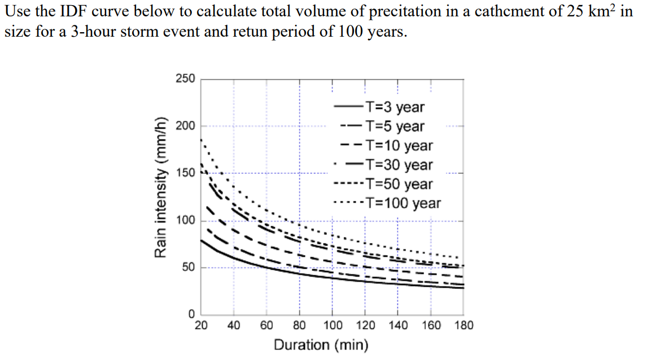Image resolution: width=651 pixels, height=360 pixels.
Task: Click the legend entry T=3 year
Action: [395, 107]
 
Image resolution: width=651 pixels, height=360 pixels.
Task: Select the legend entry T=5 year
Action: [395, 126]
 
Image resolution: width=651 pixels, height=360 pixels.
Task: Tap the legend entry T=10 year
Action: [399, 146]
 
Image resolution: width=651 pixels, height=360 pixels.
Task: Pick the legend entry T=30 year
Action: [399, 165]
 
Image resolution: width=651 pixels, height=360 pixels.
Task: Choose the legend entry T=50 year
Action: [399, 184]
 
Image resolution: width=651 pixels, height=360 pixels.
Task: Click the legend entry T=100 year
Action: [403, 203]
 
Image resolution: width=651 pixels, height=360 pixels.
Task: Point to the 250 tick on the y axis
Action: [185, 78]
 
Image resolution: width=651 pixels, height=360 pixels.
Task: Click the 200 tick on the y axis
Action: [185, 125]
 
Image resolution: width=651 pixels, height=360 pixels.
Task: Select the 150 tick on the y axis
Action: [185, 173]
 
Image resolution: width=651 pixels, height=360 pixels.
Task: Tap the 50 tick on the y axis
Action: [187, 267]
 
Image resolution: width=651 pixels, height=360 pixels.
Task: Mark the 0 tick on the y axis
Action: [191, 314]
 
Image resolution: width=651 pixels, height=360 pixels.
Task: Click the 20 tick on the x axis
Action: [200, 325]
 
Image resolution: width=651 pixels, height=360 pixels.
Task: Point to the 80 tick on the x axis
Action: [299, 325]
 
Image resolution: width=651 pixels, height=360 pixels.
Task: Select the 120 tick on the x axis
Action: [365, 325]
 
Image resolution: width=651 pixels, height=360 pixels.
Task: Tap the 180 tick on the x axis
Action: [464, 325]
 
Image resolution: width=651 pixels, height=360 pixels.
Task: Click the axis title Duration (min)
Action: [321, 344]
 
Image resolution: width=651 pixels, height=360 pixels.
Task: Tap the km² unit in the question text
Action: [602, 11]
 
